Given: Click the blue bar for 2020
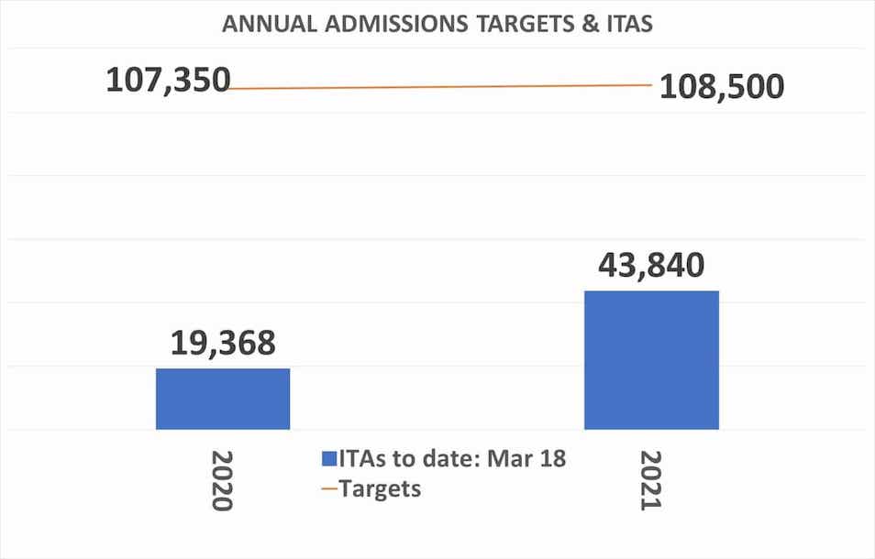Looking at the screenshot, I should click(223, 399).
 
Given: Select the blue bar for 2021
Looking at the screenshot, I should click(651, 359).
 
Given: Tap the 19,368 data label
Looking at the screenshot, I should click(223, 343).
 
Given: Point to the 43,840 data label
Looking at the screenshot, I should click(651, 265).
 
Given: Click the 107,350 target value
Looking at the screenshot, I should click(168, 81).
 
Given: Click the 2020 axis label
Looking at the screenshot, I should click(223, 480).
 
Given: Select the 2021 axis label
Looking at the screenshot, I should click(651, 480).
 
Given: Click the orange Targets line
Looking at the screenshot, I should click(440, 87).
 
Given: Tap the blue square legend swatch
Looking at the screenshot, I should click(328, 459).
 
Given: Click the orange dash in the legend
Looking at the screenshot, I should click(328, 489).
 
